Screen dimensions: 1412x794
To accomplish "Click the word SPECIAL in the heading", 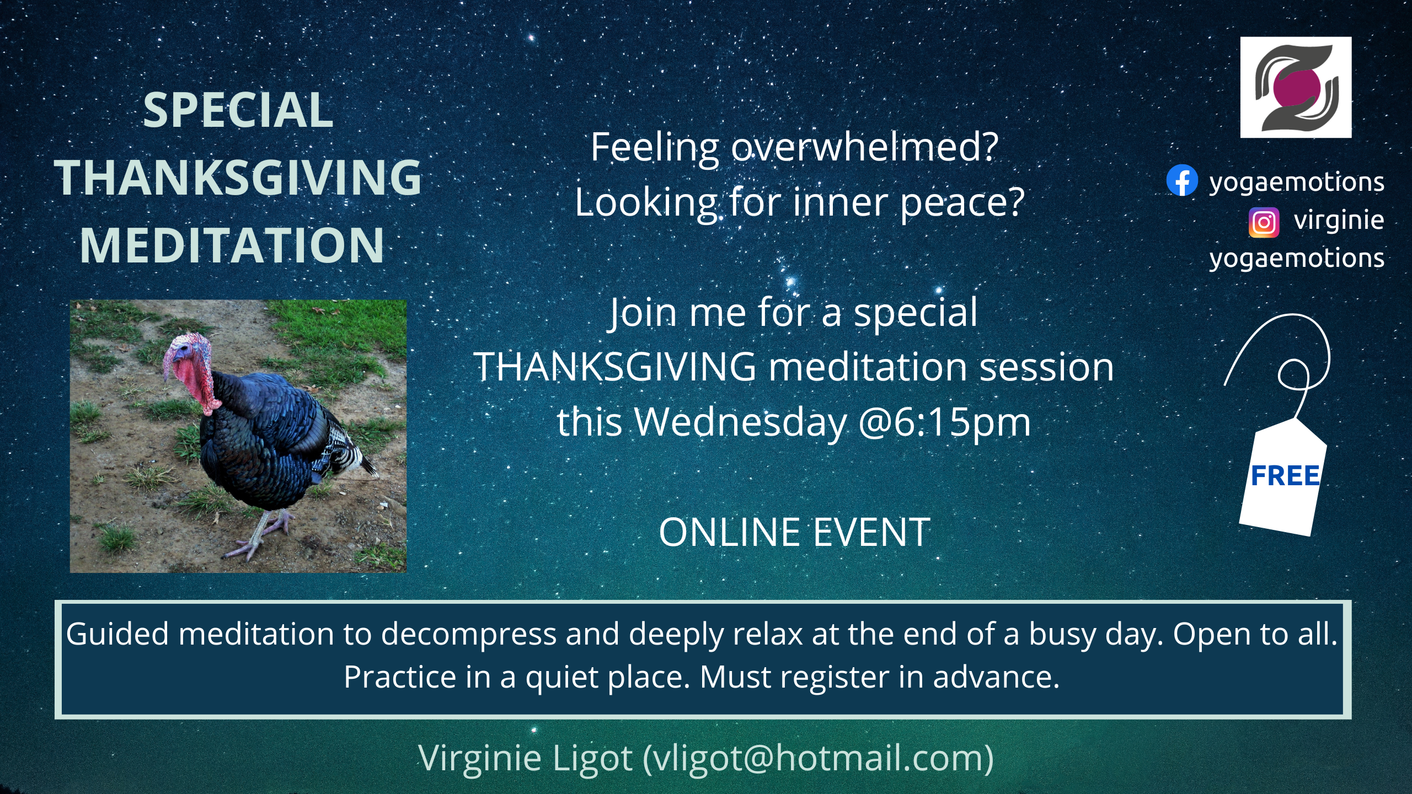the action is (x=238, y=110).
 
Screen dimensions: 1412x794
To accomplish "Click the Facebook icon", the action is (x=1182, y=180).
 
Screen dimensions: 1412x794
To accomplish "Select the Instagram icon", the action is (x=1264, y=222).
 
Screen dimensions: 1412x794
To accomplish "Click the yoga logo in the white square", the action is (x=1296, y=87).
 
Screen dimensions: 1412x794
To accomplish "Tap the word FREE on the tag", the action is (x=1285, y=476).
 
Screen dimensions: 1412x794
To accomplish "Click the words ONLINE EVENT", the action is (x=794, y=533).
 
